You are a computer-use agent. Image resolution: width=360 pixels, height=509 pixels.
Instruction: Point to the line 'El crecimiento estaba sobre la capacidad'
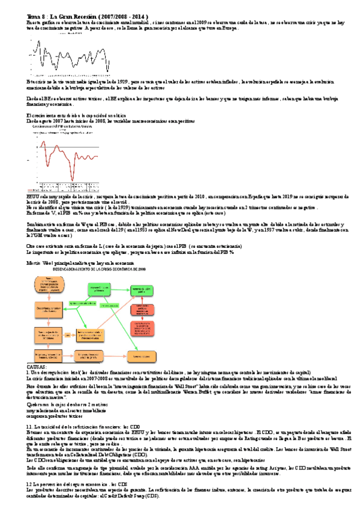click(x=76, y=115)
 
